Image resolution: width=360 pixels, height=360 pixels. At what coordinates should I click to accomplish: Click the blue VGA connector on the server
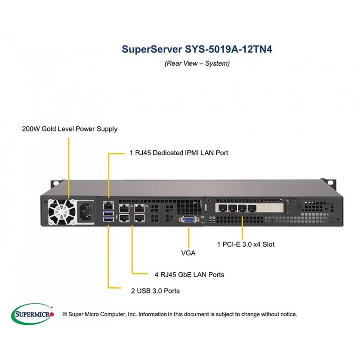coord(189,220)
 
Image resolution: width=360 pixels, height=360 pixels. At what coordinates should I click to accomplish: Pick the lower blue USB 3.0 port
coord(108,219)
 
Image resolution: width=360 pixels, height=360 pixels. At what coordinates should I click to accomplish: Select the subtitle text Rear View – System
coord(197,63)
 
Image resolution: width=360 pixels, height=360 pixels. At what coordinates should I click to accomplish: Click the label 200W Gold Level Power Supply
coord(70,129)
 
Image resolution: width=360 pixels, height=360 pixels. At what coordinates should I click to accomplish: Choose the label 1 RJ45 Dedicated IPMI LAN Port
coord(175,153)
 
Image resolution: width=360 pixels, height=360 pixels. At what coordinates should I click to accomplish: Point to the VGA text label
coord(188,253)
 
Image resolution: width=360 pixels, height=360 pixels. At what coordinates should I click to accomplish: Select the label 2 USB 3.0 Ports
coord(155,291)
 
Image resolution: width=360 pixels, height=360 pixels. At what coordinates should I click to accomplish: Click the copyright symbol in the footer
coord(64,314)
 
